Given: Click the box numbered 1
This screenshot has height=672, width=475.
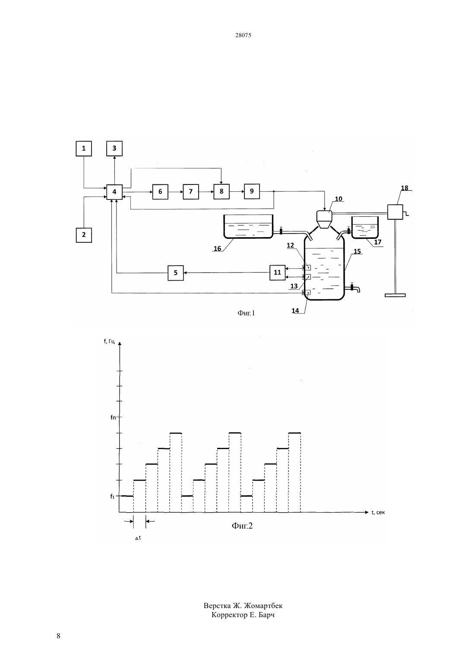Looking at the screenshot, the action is [x=84, y=149].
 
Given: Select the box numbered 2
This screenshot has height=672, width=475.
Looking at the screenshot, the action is [x=84, y=235].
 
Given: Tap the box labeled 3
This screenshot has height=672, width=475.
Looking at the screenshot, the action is [x=114, y=149].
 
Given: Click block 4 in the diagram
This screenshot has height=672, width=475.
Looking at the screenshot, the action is [x=114, y=192].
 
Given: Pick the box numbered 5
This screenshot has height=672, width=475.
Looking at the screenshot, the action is [x=175, y=273].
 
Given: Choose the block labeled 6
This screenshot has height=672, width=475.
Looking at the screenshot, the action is [x=160, y=192].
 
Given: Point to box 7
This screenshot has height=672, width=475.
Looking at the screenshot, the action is [x=191, y=192].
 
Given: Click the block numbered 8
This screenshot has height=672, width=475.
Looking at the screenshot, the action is [x=221, y=192].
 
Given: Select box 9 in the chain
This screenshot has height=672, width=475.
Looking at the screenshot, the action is [x=252, y=191].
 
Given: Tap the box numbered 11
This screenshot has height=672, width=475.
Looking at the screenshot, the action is [x=277, y=273].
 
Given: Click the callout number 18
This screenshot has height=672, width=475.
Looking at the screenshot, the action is [x=405, y=188].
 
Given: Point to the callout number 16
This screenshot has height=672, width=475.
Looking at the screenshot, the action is [x=217, y=248].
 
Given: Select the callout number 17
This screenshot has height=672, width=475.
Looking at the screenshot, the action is [x=377, y=242].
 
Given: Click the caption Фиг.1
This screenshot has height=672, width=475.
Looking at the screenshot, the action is [x=246, y=313].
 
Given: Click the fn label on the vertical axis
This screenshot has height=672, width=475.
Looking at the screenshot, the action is [x=113, y=417].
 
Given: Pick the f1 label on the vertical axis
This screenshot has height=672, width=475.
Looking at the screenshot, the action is [x=112, y=497].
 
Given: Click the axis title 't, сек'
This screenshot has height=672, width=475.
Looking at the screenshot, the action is [x=378, y=512].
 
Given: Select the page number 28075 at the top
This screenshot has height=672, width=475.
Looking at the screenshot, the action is [x=243, y=35].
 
